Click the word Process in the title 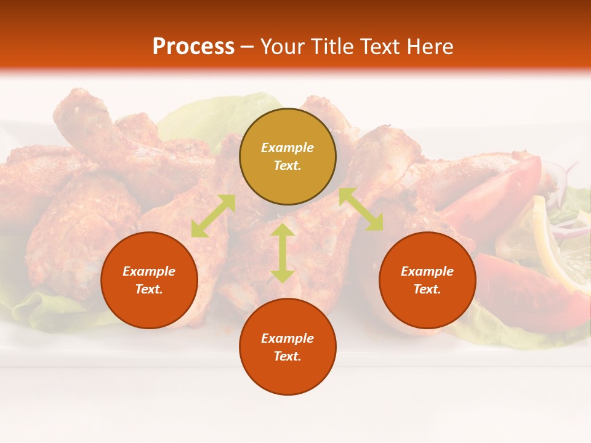(193, 47)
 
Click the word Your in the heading (283, 47)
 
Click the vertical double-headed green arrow (282, 253)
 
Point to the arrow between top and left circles (213, 215)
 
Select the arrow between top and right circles (361, 209)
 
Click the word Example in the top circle (287, 148)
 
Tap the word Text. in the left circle (149, 289)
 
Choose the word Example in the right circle (427, 271)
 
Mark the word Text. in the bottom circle (287, 356)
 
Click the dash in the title (247, 47)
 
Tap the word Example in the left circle (149, 271)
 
